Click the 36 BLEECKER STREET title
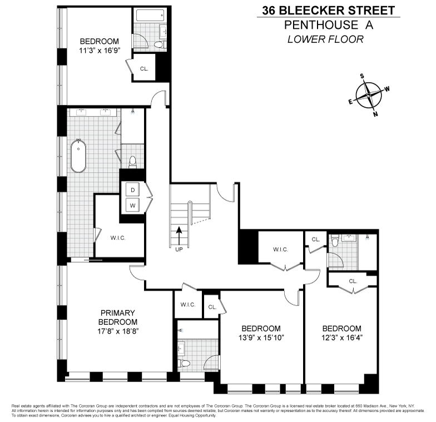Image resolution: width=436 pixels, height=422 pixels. pyautogui.click(x=328, y=11)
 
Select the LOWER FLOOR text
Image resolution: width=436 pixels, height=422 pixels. pyautogui.click(x=325, y=39)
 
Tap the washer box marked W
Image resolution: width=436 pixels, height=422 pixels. pyautogui.click(x=133, y=205)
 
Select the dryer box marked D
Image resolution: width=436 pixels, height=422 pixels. pyautogui.click(x=133, y=190)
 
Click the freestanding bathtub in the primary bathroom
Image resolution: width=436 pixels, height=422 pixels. pyautogui.click(x=79, y=156)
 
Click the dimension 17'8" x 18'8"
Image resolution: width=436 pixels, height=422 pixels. pyautogui.click(x=117, y=330)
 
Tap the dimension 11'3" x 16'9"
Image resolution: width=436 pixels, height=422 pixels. pyautogui.click(x=99, y=50)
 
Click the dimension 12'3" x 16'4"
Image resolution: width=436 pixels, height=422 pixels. pyautogui.click(x=341, y=338)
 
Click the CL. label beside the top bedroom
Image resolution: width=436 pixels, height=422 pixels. pyautogui.click(x=144, y=69)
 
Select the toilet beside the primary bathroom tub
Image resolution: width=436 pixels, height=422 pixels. pyautogui.click(x=132, y=162)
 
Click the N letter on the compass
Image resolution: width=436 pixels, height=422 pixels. pyautogui.click(x=375, y=114)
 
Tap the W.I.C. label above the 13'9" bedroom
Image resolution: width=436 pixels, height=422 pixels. pyautogui.click(x=280, y=249)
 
